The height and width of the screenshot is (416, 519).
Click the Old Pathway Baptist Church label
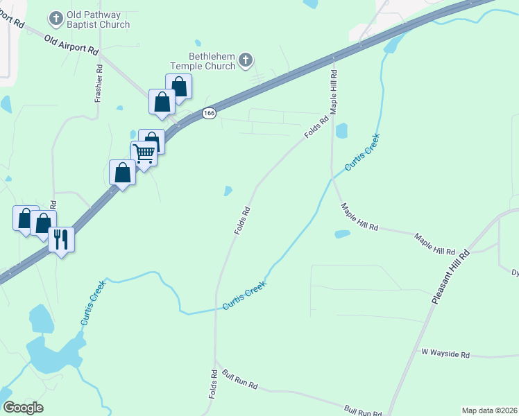(x=98, y=20)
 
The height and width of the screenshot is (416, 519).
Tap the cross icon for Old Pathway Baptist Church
(x=56, y=16)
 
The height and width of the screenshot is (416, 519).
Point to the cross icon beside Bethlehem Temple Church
(x=245, y=62)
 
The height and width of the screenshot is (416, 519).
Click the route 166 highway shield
(x=210, y=112)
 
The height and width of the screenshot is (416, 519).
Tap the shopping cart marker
(x=144, y=153)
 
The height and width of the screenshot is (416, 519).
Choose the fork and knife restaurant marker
(x=61, y=240)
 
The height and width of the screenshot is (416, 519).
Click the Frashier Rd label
(x=99, y=84)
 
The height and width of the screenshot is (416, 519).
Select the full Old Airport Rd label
(x=71, y=46)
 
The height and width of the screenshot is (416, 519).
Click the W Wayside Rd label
(x=445, y=354)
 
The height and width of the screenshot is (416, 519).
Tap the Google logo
(x=23, y=408)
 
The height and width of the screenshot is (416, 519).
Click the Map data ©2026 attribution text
(x=488, y=410)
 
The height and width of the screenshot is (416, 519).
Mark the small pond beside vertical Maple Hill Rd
(x=341, y=130)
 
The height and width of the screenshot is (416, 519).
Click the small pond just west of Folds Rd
(x=228, y=191)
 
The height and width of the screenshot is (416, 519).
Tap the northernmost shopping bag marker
(x=179, y=86)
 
